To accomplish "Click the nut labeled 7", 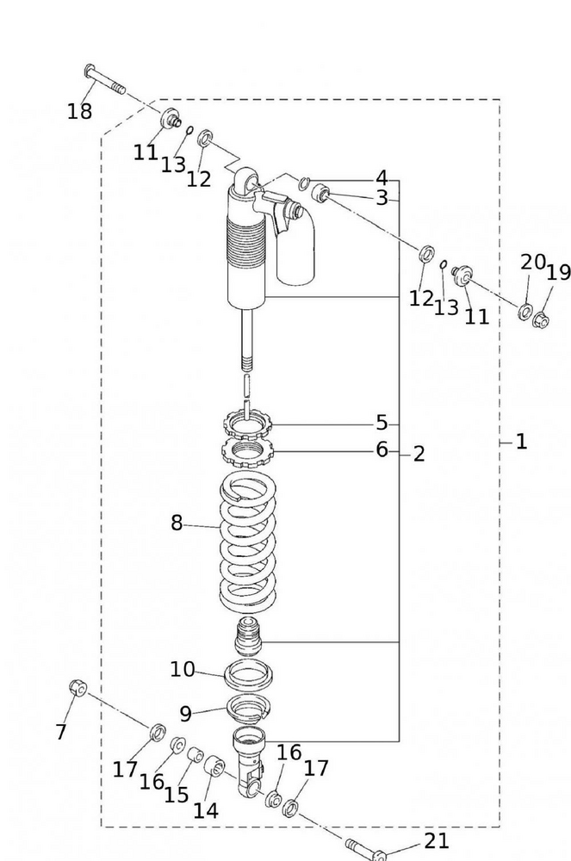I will coord(78,688).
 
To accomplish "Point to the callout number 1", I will coord(521,442).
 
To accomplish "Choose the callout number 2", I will coord(419,454).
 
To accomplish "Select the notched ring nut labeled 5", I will coord(248,424).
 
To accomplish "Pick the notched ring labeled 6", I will coord(248,449).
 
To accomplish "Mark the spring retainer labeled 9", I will coord(248,709).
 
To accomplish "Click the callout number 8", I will coord(177,523).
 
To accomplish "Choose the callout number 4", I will coord(381,178).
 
